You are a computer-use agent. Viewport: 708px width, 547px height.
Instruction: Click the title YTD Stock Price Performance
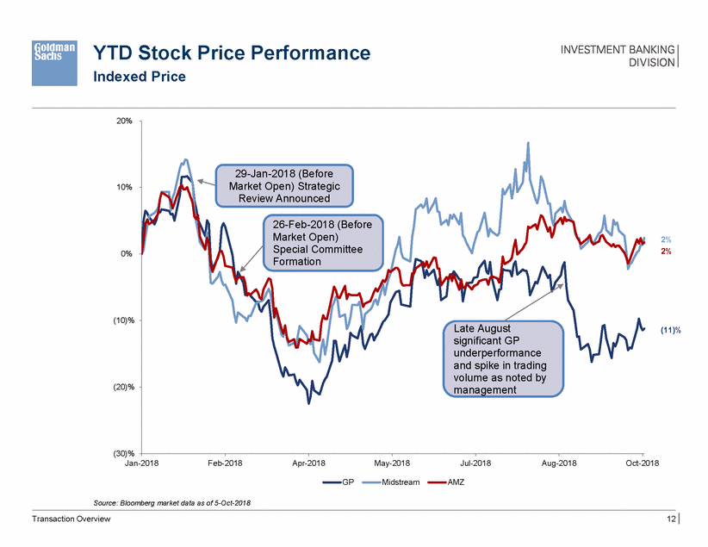coord(231,53)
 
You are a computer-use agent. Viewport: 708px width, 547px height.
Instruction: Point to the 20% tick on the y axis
coord(123,121)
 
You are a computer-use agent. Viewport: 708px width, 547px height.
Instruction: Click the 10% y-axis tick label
coord(123,187)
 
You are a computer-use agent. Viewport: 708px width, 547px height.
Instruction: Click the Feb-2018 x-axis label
coord(225,463)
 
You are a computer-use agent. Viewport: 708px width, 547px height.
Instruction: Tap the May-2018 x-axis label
coord(392,463)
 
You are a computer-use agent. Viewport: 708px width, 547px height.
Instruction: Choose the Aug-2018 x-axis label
coord(559,463)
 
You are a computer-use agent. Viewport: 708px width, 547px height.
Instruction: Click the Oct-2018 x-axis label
coord(643,463)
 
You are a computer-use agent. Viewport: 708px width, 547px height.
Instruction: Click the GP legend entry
coord(339,482)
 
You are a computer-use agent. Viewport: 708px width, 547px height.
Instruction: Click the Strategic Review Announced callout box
coord(284,185)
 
